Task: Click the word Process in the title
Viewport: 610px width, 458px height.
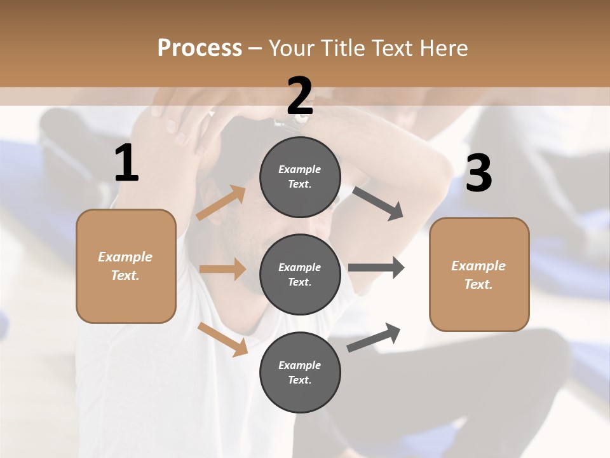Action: pos(200,48)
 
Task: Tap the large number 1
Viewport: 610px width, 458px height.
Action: pos(126,163)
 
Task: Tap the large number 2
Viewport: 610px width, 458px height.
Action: pos(300,96)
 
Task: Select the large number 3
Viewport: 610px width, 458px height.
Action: pos(478,174)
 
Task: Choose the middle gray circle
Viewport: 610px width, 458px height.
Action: pos(300,274)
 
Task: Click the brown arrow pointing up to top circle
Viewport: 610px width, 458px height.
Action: pos(220,203)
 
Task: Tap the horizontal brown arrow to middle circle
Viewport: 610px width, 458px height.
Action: pos(222,269)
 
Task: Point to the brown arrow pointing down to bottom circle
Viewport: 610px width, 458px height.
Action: pos(222,339)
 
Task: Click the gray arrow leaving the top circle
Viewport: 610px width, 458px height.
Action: pos(377,204)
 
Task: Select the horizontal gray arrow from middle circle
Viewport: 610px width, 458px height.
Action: pos(376,268)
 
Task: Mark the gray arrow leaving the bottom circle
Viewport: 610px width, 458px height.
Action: pos(374,337)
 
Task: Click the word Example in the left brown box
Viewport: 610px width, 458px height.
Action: pos(125,257)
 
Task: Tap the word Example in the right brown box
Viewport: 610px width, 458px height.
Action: pos(478,266)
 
